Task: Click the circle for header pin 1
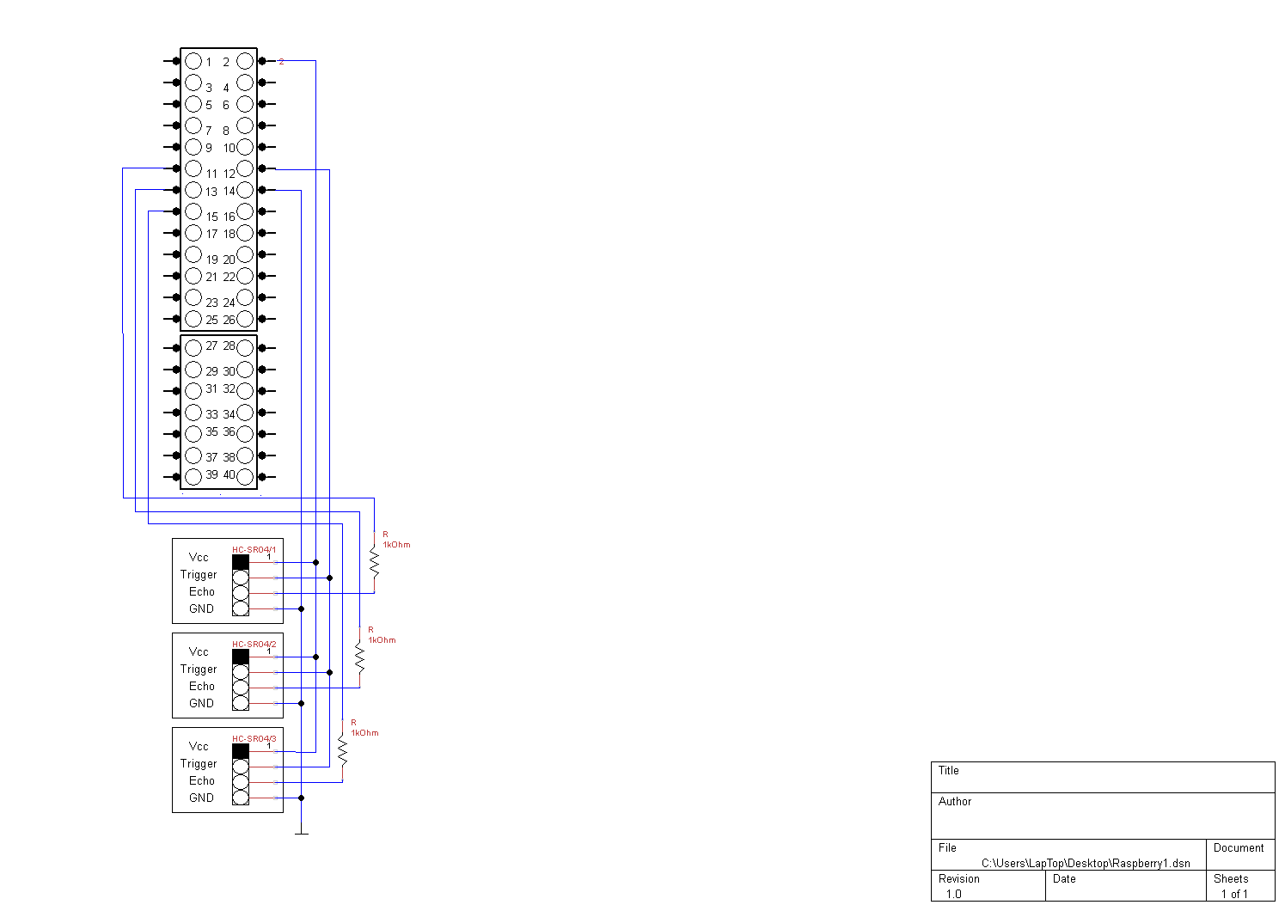(193, 61)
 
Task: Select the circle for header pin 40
(245, 477)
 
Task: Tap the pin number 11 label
(211, 174)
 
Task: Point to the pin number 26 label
(229, 320)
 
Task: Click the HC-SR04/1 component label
(254, 549)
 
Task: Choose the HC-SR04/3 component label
(254, 738)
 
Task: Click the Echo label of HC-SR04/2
(202, 686)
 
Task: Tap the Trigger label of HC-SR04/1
(199, 574)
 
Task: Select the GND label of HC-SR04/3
(201, 798)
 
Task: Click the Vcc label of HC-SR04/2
(199, 651)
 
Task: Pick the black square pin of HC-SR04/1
(241, 562)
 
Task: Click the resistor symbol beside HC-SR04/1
(375, 562)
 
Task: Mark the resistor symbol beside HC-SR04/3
(342, 750)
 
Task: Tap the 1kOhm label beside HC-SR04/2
(382, 640)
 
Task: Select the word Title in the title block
(948, 770)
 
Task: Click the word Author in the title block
(955, 801)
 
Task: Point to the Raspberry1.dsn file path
(1086, 863)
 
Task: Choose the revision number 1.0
(954, 894)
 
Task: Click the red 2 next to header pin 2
(281, 62)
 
